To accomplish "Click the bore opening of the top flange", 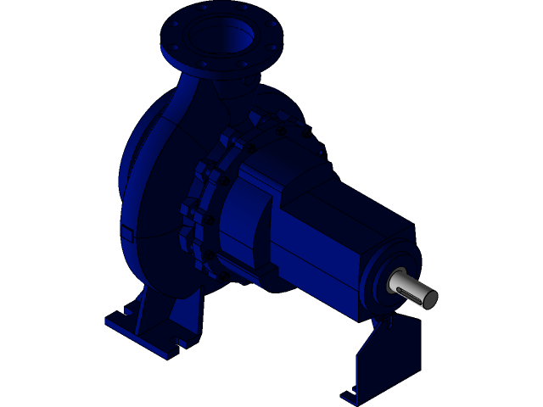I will tap(220, 34).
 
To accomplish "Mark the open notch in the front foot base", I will tap(181, 343).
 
